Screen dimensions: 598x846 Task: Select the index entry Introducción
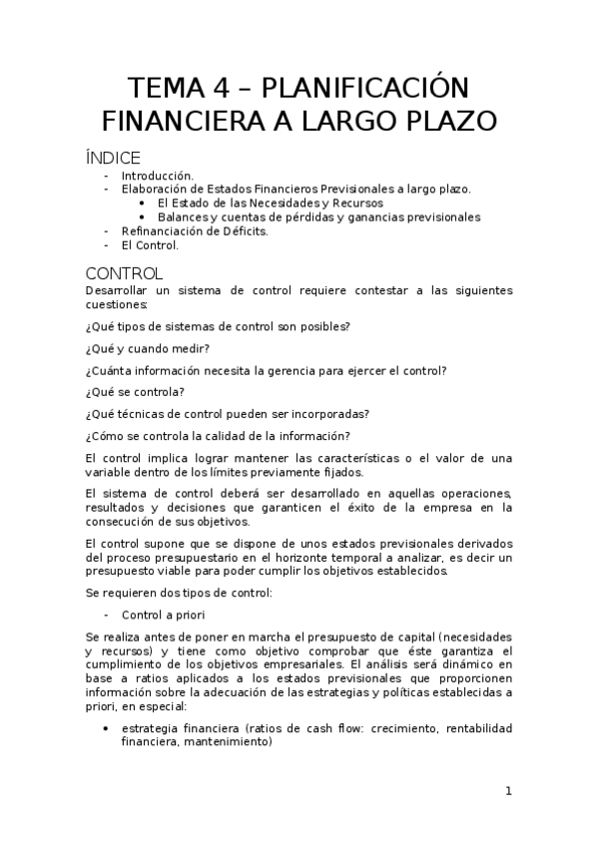pyautogui.click(x=158, y=175)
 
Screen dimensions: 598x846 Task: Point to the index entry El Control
pyautogui.click(x=150, y=244)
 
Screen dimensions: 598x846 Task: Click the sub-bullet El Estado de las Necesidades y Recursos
pyautogui.click(x=270, y=203)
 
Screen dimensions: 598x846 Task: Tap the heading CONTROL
pyautogui.click(x=124, y=273)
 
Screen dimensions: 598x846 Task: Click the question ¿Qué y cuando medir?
pyautogui.click(x=148, y=348)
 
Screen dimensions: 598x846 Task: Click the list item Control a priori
pyautogui.click(x=163, y=615)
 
